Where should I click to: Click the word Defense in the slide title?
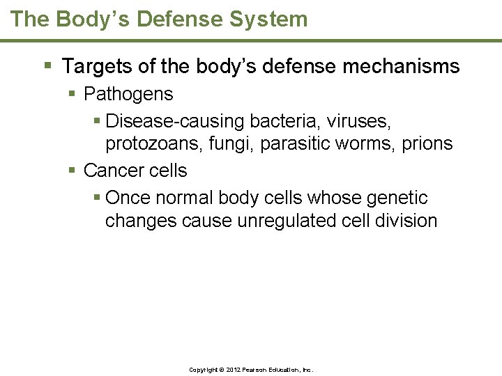pos(182,19)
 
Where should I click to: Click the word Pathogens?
pos(128,94)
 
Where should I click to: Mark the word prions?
pos(427,144)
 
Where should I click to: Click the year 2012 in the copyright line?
pos(231,370)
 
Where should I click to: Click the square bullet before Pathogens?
pos(73,94)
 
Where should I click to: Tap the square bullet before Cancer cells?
pos(73,171)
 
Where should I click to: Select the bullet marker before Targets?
pos(47,67)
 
